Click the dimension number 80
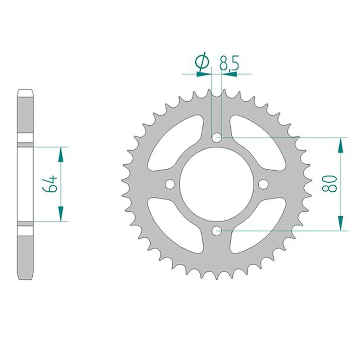pyautogui.click(x=332, y=184)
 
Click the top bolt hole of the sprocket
pyautogui.click(x=217, y=137)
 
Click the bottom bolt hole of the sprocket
pyautogui.click(x=217, y=230)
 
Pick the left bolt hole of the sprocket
pyautogui.click(x=170, y=184)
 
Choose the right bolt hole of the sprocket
pyautogui.click(x=264, y=184)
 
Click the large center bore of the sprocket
pyautogui.click(x=217, y=184)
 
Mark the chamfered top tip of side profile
pyautogui.click(x=26, y=94)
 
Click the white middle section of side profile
pyautogui.click(x=26, y=184)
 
